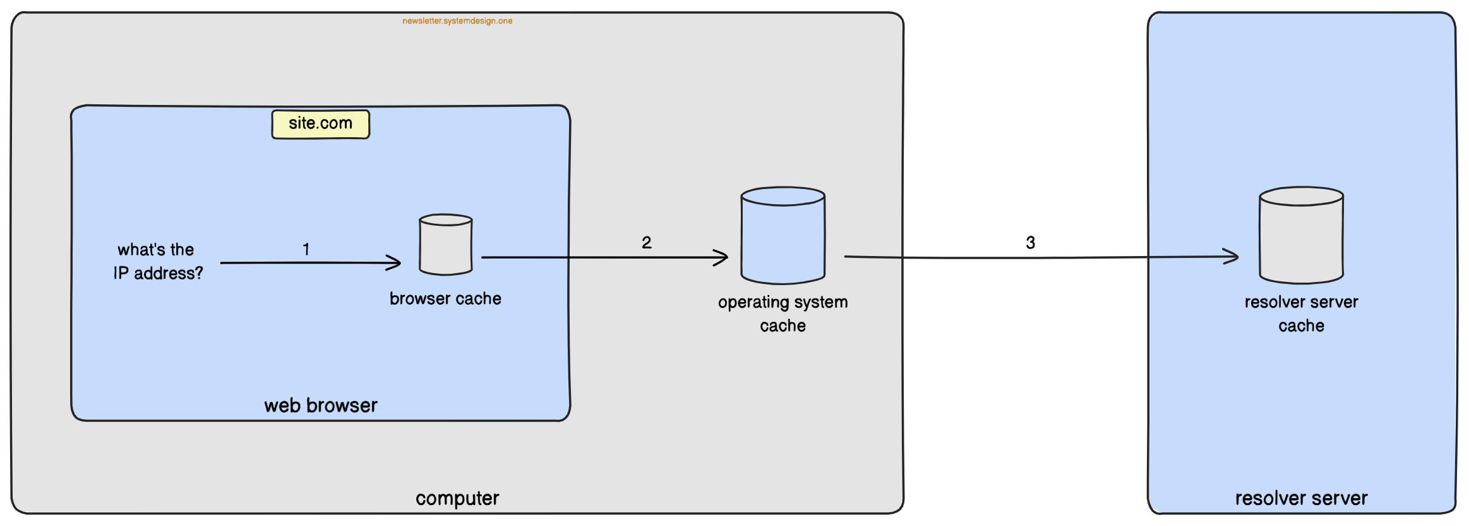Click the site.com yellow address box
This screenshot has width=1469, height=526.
320,124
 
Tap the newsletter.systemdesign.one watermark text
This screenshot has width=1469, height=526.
457,21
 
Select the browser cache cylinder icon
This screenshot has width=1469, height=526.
446,245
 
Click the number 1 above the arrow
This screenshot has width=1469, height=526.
306,249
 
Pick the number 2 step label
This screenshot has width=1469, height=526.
646,242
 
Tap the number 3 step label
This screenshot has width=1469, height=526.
1030,242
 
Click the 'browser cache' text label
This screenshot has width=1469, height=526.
445,298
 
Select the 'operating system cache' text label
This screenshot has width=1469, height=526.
782,314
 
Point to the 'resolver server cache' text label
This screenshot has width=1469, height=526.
1301,314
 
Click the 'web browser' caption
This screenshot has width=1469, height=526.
320,405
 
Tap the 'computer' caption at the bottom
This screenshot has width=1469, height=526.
457,498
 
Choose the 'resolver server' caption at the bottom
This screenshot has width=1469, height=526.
1301,498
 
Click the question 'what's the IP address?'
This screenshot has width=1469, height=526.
158,261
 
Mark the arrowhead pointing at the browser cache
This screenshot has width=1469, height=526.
395,262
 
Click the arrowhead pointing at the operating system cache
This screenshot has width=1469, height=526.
723,257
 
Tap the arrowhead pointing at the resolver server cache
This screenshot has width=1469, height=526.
1233,256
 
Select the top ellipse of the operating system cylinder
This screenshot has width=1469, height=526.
782,196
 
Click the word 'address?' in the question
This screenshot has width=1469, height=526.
169,273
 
